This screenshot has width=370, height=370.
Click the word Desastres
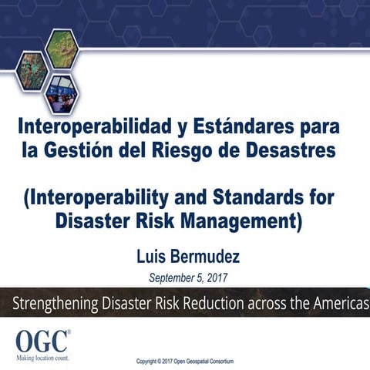[298, 150]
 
